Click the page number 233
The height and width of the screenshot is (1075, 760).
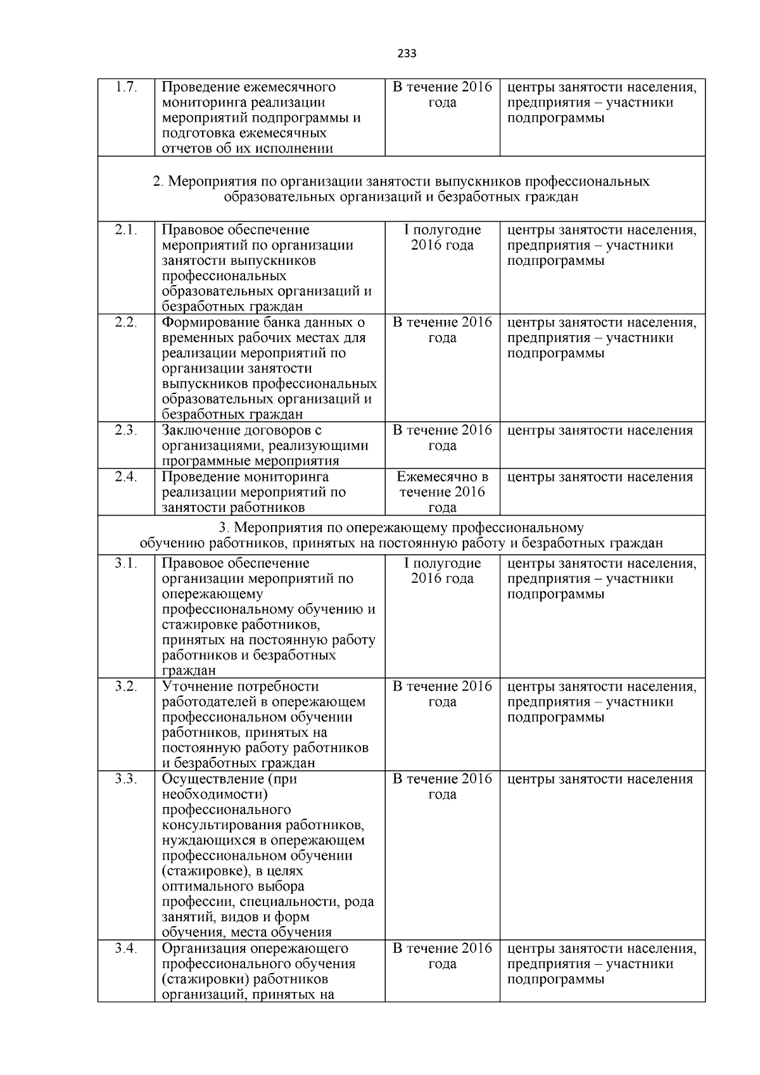click(407, 54)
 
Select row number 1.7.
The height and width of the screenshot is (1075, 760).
click(126, 87)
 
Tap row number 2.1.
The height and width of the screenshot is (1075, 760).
click(126, 230)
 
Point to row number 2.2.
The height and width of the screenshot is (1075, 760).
click(126, 322)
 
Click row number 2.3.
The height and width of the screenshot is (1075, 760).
click(126, 430)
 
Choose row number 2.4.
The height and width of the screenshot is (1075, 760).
click(126, 477)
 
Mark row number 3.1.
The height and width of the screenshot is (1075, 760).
click(126, 563)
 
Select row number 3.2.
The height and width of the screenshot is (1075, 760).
click(126, 687)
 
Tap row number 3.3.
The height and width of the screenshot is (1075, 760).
click(126, 779)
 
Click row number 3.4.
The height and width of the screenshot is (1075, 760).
click(126, 948)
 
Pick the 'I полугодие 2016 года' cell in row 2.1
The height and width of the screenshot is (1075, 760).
click(442, 238)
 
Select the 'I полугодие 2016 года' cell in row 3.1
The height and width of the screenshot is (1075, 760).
click(442, 571)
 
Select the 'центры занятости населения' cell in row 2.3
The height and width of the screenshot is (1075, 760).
click(600, 431)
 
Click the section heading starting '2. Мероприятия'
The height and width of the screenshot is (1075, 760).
click(401, 189)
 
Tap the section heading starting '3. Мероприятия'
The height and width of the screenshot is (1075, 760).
click(401, 535)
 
